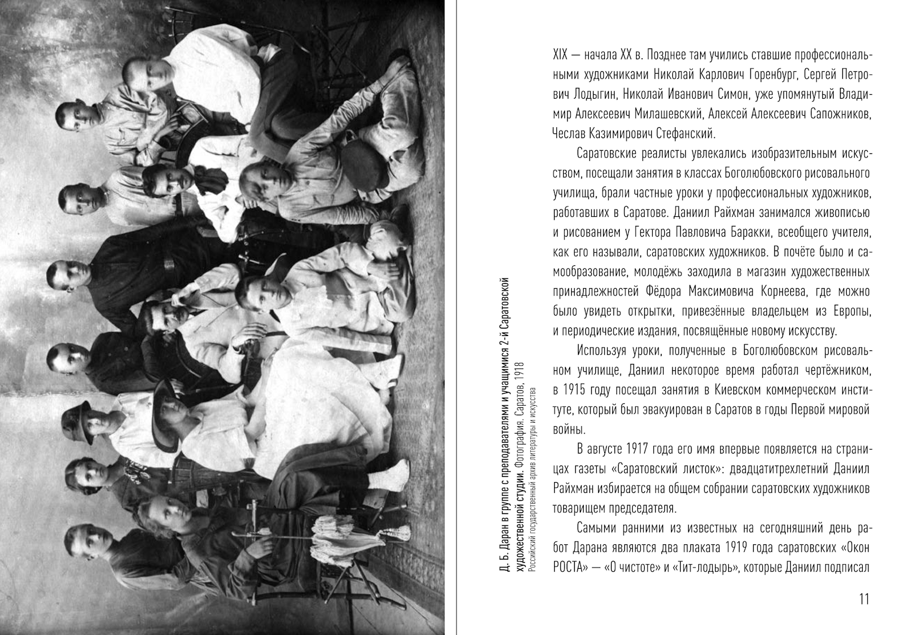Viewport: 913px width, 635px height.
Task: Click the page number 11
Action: [x=863, y=599]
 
